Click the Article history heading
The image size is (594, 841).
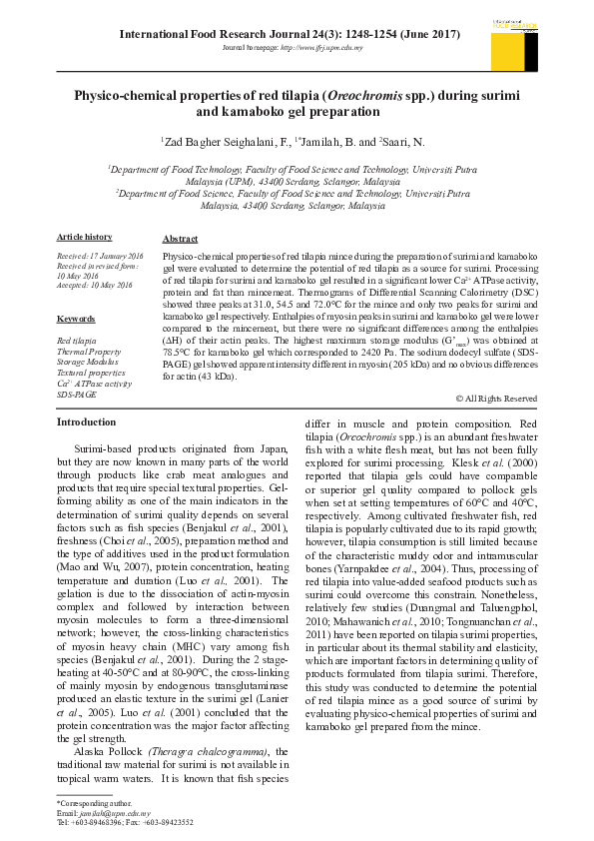pos(84,237)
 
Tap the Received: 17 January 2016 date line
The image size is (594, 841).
pos(101,257)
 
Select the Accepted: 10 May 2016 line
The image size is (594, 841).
pos(95,285)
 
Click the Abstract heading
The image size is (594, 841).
pos(180,241)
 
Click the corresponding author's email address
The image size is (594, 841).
pos(108,814)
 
